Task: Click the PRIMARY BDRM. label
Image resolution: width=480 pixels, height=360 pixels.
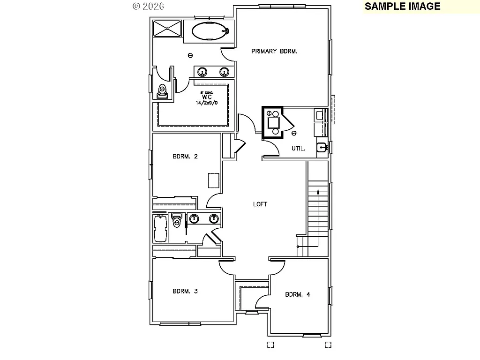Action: coord(275,52)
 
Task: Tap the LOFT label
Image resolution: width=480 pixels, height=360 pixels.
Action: coord(260,204)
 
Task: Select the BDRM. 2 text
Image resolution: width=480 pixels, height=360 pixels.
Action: coord(185,157)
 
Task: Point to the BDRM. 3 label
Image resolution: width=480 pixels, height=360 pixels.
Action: coord(185,291)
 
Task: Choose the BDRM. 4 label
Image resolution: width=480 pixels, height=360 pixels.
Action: coord(298,295)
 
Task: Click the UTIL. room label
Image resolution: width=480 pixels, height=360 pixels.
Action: coord(299,149)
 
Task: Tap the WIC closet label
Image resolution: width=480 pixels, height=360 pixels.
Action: coord(207,97)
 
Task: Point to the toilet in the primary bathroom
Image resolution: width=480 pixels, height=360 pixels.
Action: coord(162,90)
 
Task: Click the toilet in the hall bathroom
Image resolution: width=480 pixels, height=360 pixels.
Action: coord(177,220)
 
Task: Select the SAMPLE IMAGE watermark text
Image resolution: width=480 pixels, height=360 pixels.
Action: coord(403,6)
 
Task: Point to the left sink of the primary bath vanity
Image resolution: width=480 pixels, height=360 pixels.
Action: coord(202,72)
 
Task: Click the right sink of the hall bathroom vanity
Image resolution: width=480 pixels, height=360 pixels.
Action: coord(214,218)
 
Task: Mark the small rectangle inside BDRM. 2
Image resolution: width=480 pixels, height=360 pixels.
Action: coord(214,180)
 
